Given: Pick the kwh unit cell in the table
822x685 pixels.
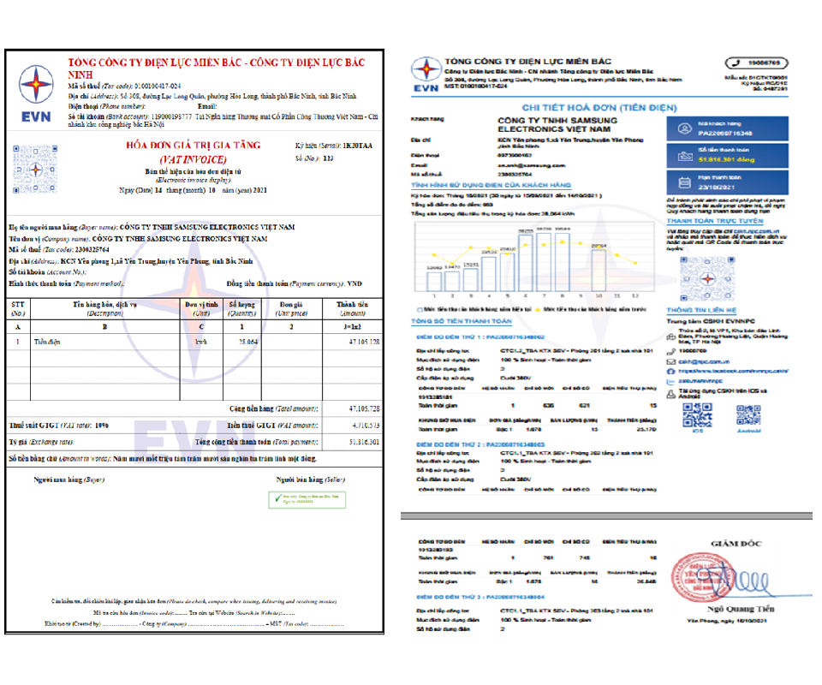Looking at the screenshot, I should tap(201, 342).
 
